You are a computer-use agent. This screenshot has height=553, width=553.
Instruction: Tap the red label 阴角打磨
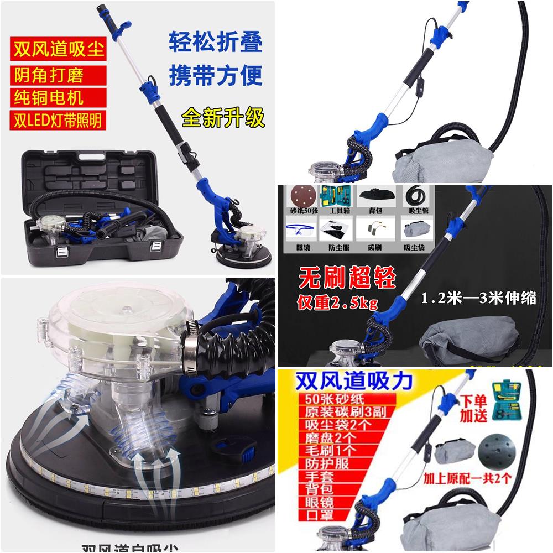click(50, 74)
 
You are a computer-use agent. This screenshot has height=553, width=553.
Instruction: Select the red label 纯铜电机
click(50, 97)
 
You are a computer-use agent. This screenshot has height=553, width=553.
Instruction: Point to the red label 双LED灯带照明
click(57, 121)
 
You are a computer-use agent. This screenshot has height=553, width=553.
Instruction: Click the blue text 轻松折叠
click(215, 44)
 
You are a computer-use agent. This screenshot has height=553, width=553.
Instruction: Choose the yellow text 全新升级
click(223, 118)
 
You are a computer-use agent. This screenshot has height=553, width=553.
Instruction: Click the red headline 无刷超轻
click(348, 278)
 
